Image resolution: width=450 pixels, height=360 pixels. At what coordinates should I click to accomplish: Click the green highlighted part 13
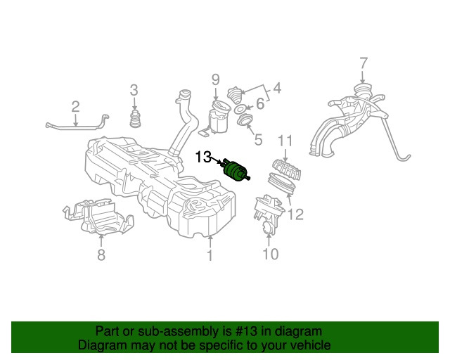coord(235,171)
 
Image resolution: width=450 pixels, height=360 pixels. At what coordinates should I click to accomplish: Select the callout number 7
coord(363,64)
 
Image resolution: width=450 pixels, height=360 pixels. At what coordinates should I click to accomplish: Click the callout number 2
coord(75,107)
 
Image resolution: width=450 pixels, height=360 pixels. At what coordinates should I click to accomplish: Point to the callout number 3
coord(134,89)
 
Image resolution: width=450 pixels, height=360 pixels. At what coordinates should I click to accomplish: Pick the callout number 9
coord(216,79)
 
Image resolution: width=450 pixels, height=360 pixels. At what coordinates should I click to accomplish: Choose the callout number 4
coord(276,89)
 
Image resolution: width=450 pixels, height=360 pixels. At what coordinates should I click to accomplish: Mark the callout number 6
coord(259,104)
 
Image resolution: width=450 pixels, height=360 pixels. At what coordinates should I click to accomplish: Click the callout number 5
coord(257,140)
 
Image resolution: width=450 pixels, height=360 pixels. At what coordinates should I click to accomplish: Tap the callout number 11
coord(284,141)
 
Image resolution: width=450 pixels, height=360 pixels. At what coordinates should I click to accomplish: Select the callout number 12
coord(296,214)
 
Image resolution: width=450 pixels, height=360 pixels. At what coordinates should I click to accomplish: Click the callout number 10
coord(271,253)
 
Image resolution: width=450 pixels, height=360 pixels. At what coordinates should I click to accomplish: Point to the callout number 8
coord(101,255)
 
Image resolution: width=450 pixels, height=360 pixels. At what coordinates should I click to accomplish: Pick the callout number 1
coord(209,256)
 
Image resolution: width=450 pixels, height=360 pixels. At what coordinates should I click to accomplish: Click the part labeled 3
coord(134,119)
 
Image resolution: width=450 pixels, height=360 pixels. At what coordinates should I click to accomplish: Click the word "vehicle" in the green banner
coord(306,345)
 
